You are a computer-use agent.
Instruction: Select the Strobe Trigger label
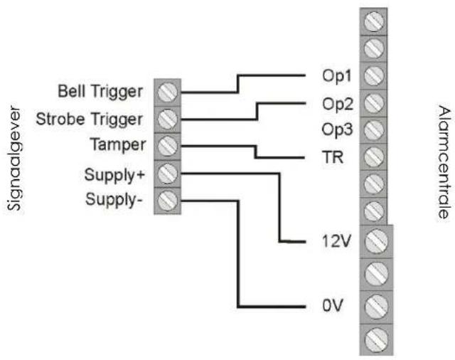coord(99,118)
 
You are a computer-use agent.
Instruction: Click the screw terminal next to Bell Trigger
coord(167,92)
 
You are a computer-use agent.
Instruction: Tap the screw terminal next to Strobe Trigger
coord(167,118)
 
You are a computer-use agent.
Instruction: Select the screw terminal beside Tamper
coord(167,145)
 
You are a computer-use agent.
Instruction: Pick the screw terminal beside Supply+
coord(167,173)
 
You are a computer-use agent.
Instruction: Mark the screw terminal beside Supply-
coord(167,200)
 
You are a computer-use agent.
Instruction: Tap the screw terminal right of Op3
coord(373,129)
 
